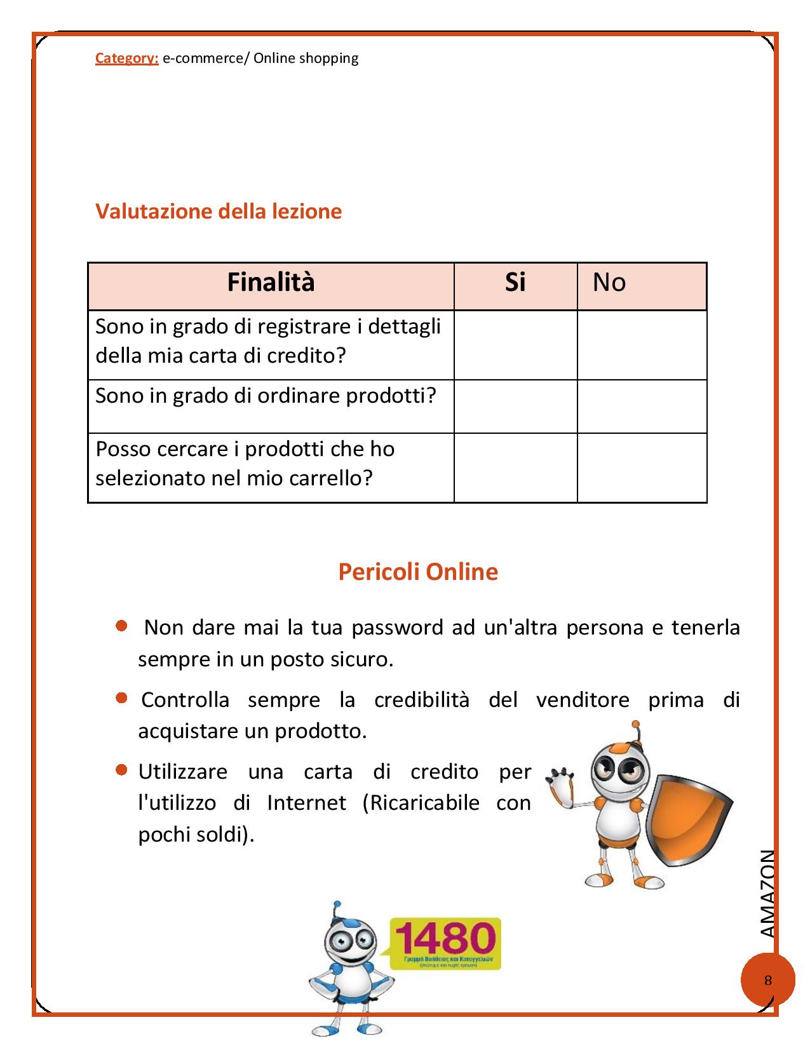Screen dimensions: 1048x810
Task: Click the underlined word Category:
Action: point(126,58)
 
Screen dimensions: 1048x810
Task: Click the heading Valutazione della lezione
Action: point(219,211)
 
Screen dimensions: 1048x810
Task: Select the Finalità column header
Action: point(271,282)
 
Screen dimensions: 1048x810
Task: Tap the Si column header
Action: point(515,282)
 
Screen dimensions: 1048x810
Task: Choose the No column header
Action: point(609,282)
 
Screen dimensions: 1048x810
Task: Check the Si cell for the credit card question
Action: point(515,345)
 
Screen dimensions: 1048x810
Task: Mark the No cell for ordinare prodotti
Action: point(642,406)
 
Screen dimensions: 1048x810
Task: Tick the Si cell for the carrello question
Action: point(515,467)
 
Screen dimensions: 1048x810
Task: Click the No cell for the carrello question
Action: point(642,467)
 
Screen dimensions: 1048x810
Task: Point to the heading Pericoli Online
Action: point(418,572)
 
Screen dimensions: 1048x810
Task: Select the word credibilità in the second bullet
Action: point(422,700)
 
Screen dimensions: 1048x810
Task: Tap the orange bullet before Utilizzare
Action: point(121,770)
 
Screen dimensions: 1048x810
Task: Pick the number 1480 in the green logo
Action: point(445,937)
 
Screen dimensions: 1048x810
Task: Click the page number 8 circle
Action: point(767,980)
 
